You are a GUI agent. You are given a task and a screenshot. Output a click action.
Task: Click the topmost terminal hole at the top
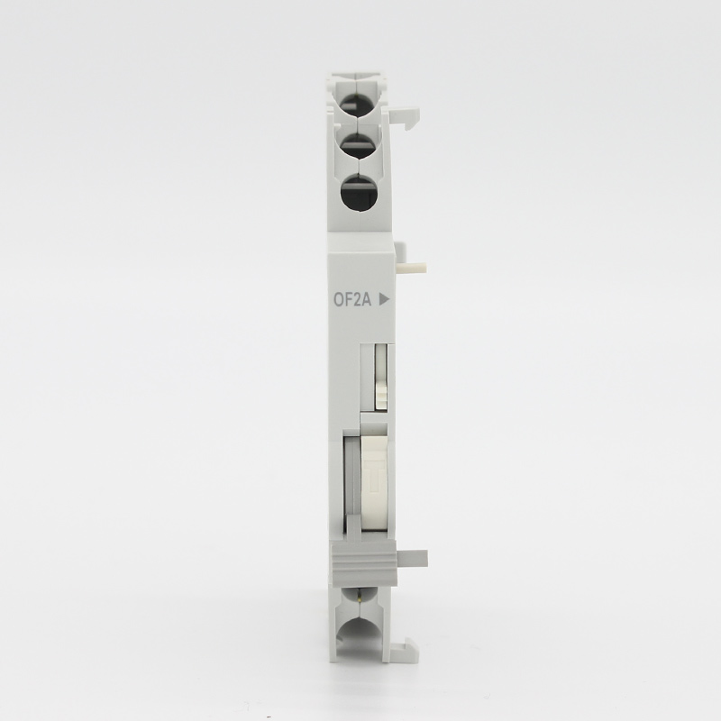[359, 107]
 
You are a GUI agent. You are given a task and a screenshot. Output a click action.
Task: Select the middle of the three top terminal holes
[359, 146]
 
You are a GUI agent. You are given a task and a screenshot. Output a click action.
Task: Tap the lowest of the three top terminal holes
[359, 193]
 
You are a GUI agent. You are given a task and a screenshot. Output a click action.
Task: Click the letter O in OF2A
[339, 300]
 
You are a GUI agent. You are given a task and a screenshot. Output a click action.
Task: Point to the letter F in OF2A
[350, 300]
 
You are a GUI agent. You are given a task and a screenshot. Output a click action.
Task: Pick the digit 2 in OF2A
[358, 300]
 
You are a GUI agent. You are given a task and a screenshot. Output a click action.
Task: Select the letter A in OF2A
[367, 300]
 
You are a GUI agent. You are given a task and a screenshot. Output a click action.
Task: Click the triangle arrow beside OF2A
[384, 300]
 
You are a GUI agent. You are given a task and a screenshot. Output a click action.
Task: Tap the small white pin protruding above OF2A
[412, 269]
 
